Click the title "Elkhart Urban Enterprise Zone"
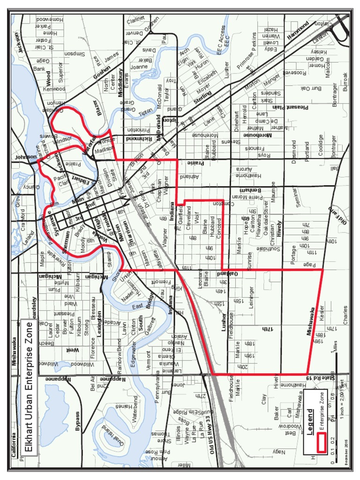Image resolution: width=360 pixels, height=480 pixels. [29, 387]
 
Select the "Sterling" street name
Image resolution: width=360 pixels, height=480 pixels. [202, 99]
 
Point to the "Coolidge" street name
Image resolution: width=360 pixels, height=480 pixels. [321, 147]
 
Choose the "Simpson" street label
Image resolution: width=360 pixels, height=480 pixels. [74, 54]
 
